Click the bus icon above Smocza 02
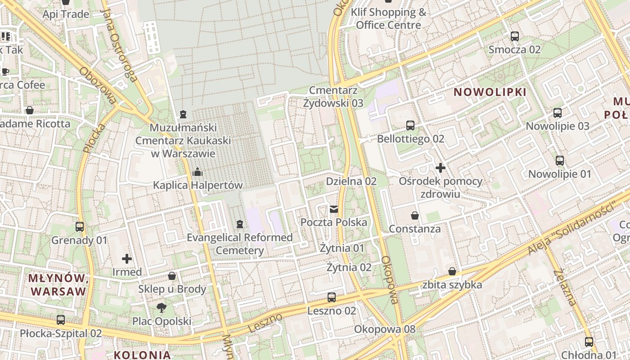click(x=515, y=36)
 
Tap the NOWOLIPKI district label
click(x=490, y=92)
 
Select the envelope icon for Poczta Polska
click(x=334, y=209)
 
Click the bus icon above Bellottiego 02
click(x=410, y=126)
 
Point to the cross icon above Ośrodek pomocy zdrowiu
click(x=441, y=168)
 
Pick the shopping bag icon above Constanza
click(x=415, y=216)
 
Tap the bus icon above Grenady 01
click(x=80, y=227)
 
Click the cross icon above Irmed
click(x=127, y=259)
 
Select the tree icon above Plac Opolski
click(x=161, y=308)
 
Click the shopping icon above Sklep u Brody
click(x=172, y=276)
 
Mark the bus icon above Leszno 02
click(x=332, y=297)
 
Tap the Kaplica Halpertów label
click(x=198, y=185)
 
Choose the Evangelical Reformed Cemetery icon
click(x=240, y=224)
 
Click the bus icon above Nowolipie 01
click(x=560, y=161)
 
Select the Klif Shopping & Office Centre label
click(x=388, y=18)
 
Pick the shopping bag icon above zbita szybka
click(x=452, y=271)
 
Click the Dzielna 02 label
click(x=351, y=181)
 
